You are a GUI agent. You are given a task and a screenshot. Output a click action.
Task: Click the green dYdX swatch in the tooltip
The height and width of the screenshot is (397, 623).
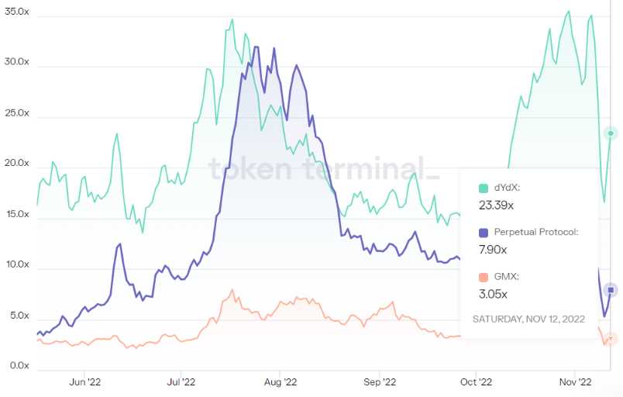[484, 188]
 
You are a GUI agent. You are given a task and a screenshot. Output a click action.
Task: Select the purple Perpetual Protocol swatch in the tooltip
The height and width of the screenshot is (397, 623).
[484, 232]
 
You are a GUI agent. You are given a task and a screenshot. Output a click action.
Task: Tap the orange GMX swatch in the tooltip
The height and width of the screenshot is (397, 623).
[484, 277]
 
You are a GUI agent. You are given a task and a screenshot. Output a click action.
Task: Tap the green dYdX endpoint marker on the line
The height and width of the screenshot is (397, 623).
[611, 134]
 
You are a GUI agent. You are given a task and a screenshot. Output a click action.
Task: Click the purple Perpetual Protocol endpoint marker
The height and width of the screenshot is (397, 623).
[611, 290]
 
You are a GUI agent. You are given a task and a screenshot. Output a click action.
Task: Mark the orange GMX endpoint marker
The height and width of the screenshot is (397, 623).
[611, 338]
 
